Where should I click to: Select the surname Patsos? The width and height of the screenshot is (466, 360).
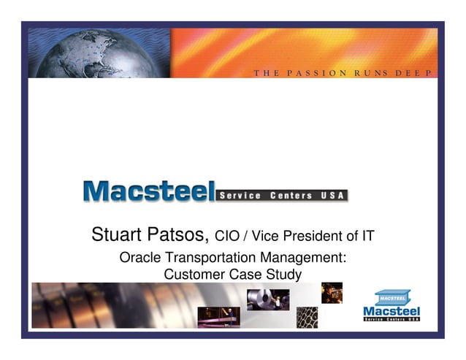coord(180,235)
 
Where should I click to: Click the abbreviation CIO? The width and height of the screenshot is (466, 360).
coord(227,237)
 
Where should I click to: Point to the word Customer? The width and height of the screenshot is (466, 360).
coord(194,275)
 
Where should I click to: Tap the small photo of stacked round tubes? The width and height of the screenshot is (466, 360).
coord(307,317)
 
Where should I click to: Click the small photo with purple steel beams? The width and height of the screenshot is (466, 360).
coord(218,316)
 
